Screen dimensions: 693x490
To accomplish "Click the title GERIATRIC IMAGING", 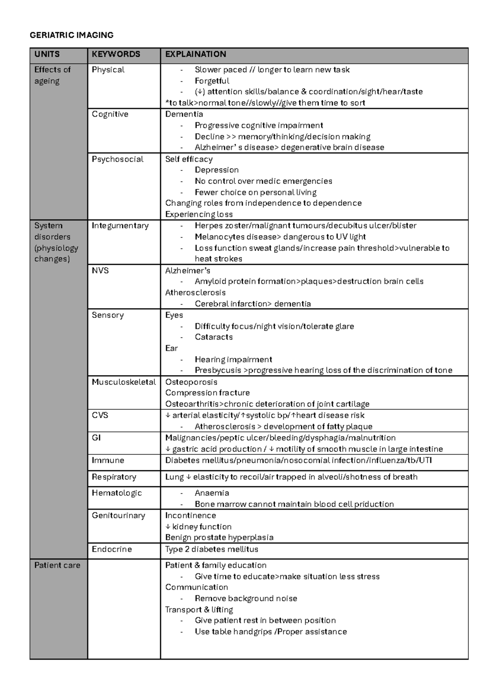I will pos(71,35).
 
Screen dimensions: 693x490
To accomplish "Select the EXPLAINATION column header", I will pos(195,54).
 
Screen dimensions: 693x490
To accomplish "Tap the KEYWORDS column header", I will pos(116,54).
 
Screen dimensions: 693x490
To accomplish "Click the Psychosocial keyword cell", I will pos(117,159).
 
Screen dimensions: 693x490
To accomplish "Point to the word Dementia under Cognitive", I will pos(184,114).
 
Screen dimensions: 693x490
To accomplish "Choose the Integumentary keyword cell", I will pos(120,226).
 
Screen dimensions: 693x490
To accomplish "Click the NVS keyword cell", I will pos(100,270).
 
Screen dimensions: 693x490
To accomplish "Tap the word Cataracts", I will pos(214,337).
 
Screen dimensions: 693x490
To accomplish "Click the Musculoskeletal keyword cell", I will pos(124,382).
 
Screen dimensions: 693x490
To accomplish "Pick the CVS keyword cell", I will pos(100,416).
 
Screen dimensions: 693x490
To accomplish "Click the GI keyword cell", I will pos(96,438).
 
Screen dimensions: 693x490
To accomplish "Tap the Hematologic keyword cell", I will pos(116,493).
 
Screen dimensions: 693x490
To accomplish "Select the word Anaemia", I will pos(212,493).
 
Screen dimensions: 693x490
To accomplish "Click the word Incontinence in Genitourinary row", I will pos(190,516).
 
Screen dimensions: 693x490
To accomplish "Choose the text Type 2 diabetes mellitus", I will pos(212,550).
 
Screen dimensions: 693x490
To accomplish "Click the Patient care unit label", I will pos(57,566).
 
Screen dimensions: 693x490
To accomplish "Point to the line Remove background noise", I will pos(245,599).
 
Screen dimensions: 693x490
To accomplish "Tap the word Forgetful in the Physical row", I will pos(212,81).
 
